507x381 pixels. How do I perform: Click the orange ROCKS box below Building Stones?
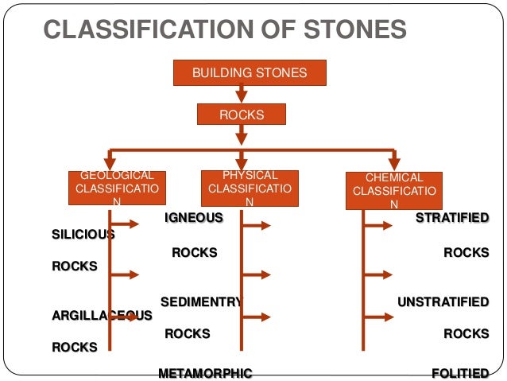[241, 115]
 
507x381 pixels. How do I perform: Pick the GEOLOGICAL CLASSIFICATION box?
[117, 189]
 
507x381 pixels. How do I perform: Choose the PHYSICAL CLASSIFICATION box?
[250, 189]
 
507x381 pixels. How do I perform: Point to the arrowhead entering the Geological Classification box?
[110, 162]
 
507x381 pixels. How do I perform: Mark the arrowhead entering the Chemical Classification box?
[393, 162]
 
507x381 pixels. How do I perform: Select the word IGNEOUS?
[193, 217]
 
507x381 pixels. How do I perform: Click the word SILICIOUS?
[83, 234]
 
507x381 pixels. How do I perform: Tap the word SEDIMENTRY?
[200, 301]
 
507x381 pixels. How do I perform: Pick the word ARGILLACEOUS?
[101, 316]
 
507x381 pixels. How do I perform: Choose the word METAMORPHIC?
[205, 373]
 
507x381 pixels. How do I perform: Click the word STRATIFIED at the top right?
[452, 217]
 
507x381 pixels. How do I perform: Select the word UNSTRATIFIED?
[443, 301]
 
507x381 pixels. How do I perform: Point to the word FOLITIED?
[459, 373]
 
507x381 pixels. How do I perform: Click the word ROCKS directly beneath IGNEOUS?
[195, 253]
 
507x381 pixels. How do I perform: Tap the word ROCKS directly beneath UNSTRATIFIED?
[466, 334]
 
